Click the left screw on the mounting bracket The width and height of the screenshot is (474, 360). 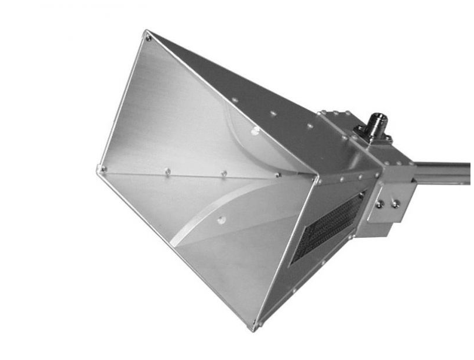(380, 204)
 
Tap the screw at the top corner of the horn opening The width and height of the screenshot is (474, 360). (148, 38)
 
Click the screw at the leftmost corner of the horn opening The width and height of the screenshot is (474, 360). (101, 169)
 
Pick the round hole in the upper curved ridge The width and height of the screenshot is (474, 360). (255, 131)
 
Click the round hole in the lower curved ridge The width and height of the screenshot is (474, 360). (221, 220)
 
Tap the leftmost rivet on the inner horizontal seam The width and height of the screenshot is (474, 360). (167, 172)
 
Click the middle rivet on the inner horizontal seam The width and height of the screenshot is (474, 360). (223, 174)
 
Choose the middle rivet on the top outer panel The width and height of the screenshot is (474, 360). (273, 113)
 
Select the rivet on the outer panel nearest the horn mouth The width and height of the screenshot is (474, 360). (235, 100)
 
